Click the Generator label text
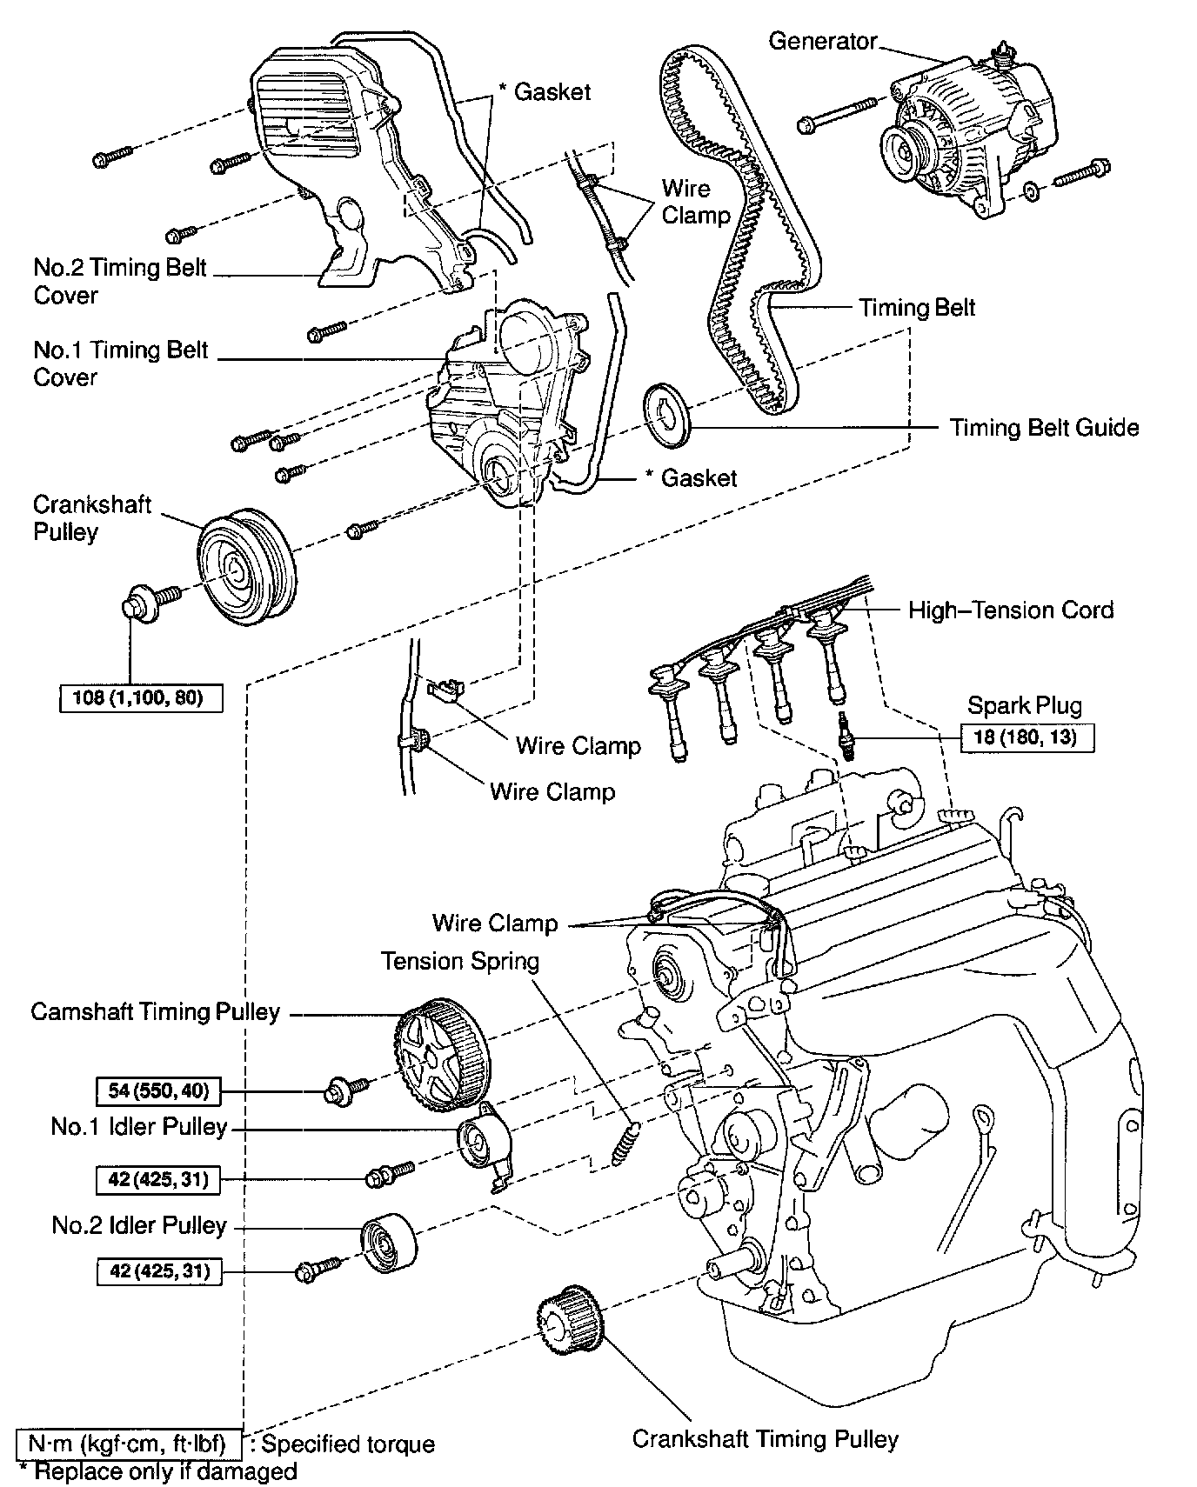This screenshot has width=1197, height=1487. pos(822,41)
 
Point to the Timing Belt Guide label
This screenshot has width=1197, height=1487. pos(1043,427)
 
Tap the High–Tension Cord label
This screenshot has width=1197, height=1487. pos(1010,610)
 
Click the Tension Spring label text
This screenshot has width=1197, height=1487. pos(459,961)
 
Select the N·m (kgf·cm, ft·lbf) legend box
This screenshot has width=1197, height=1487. pos(127,1444)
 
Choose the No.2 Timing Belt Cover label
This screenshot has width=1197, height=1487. pos(119,281)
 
